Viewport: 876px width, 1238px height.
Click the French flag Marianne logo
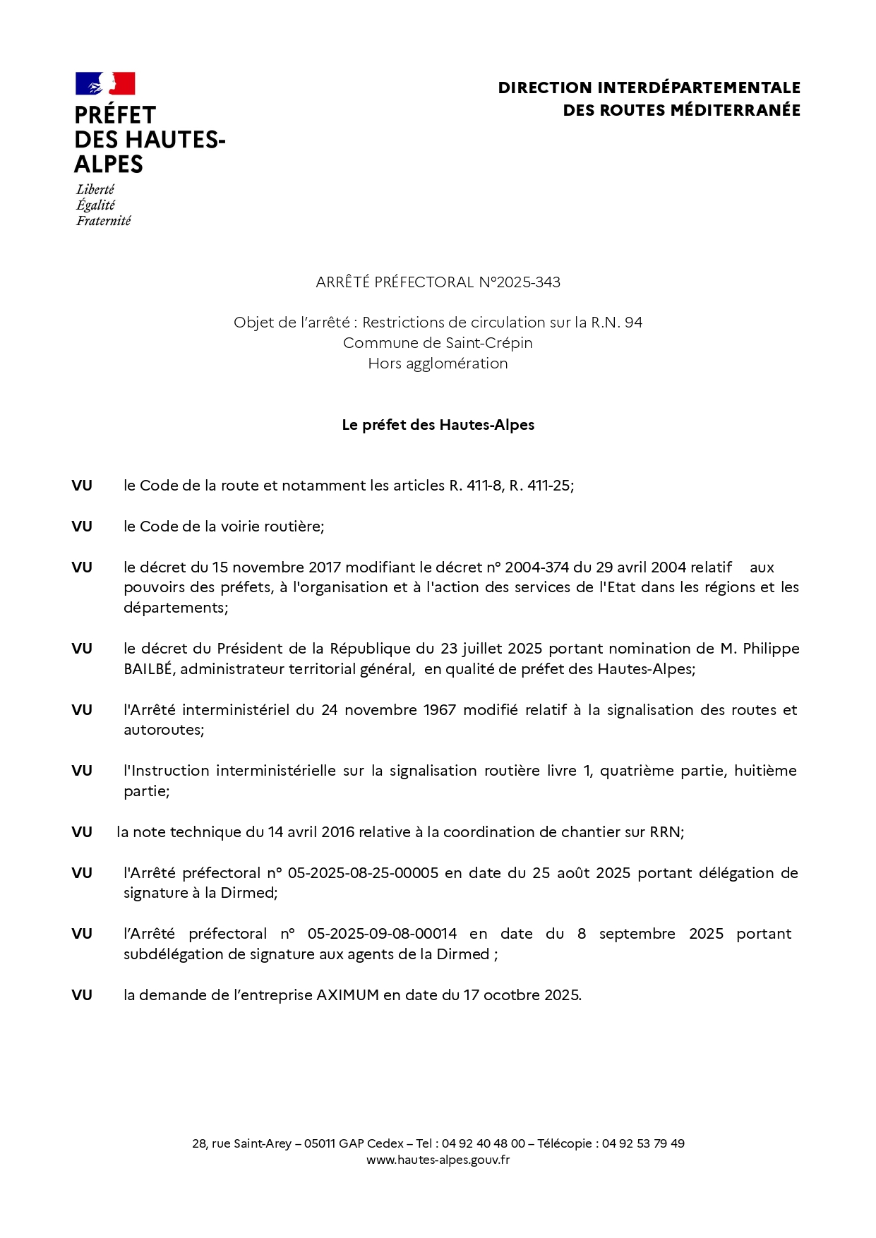click(105, 83)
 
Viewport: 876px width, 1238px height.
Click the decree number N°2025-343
click(520, 282)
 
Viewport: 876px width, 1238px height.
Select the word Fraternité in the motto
click(104, 221)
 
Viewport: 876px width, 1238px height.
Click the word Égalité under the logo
click(95, 205)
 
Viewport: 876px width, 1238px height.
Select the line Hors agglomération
click(438, 363)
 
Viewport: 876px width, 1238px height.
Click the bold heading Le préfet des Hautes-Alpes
click(438, 425)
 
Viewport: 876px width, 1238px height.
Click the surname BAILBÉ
click(148, 669)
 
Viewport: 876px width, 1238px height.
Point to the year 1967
click(439, 710)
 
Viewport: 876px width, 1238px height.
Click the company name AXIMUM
click(347, 995)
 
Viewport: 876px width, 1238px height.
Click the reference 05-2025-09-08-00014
click(382, 934)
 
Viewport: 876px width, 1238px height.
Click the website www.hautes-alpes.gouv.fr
click(438, 1160)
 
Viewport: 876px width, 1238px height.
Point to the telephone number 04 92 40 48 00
click(483, 1143)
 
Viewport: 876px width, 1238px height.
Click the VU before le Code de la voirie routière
click(82, 527)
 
